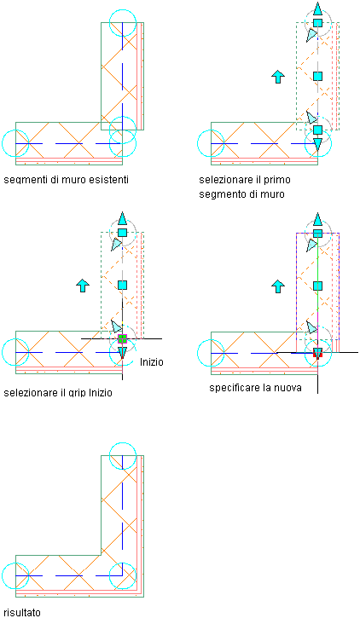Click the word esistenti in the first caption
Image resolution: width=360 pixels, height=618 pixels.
point(108,180)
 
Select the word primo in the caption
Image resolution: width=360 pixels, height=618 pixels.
point(277,180)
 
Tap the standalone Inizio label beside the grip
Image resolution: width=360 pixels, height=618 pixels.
point(151,361)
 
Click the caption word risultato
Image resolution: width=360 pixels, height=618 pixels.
point(22,613)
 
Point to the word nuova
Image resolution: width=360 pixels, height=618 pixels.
point(288,388)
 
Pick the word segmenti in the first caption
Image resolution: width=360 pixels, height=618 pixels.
point(22,180)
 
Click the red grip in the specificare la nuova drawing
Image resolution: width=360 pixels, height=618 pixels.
point(317,353)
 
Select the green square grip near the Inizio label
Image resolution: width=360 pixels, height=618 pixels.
point(122,338)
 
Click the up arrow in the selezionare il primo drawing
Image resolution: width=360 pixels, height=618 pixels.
point(278,77)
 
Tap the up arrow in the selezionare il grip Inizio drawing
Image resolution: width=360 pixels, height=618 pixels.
point(83,286)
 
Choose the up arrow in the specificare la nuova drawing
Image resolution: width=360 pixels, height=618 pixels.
point(278,286)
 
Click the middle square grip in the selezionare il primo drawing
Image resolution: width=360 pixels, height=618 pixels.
point(317,76)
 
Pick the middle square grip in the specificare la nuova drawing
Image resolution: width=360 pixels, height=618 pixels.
point(317,286)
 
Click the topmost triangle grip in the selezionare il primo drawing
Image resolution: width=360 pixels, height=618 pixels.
point(317,9)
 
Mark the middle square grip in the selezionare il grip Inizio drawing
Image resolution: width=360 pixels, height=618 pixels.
point(122,285)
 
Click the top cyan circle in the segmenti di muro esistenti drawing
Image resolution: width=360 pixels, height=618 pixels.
point(123,10)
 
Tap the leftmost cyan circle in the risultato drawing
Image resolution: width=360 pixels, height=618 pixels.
point(15,563)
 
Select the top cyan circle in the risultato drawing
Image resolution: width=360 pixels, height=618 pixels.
point(123,443)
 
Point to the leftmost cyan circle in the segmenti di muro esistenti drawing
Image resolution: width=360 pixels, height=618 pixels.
point(15,130)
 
